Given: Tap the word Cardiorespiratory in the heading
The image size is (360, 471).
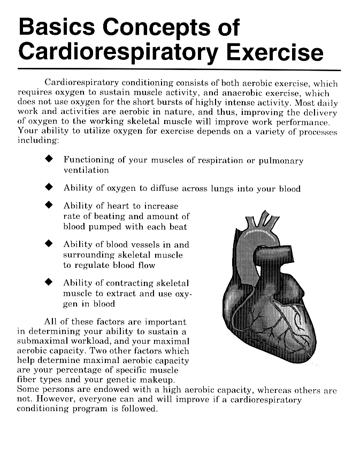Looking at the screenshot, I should [x=118, y=53].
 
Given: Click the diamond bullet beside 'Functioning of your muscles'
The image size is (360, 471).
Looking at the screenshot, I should [x=50, y=160].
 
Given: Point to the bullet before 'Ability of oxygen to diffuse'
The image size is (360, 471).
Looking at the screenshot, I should [x=50, y=188].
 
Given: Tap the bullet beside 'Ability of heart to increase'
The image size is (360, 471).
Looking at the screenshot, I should [x=50, y=205].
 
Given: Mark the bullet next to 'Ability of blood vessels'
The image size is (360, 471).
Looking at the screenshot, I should [x=50, y=244].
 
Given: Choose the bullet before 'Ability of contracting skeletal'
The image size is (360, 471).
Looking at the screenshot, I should [x=50, y=282].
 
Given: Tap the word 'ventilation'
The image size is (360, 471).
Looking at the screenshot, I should [x=86, y=171].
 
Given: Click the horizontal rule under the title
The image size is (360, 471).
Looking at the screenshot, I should [x=179, y=70].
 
